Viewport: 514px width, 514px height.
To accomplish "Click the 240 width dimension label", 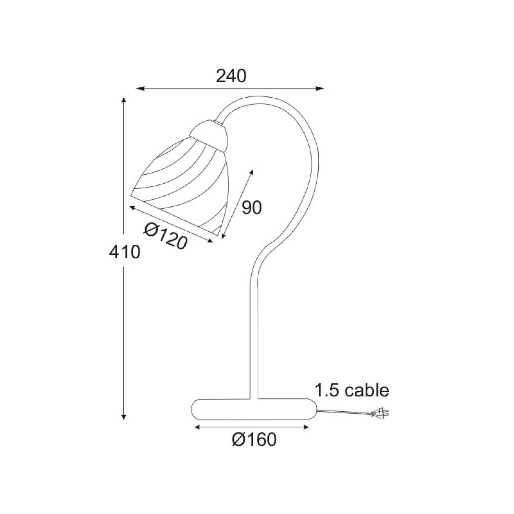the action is point(231,76).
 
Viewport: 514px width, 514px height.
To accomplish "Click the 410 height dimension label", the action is point(125,253).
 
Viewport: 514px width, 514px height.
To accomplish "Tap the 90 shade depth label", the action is point(252,208).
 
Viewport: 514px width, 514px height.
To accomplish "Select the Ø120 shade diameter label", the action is point(166,235).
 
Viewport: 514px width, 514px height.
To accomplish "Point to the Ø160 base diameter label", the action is point(254,439).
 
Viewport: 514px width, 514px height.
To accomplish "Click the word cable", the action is point(367,390).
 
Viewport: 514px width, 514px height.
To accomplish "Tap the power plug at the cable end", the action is point(380,414).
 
